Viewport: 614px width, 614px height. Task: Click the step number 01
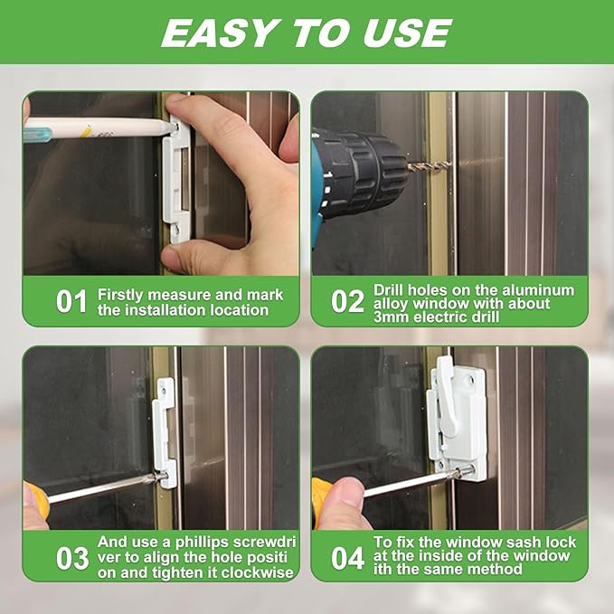point(71,301)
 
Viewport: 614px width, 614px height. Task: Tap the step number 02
point(347,301)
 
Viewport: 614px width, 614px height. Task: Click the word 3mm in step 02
point(392,316)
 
